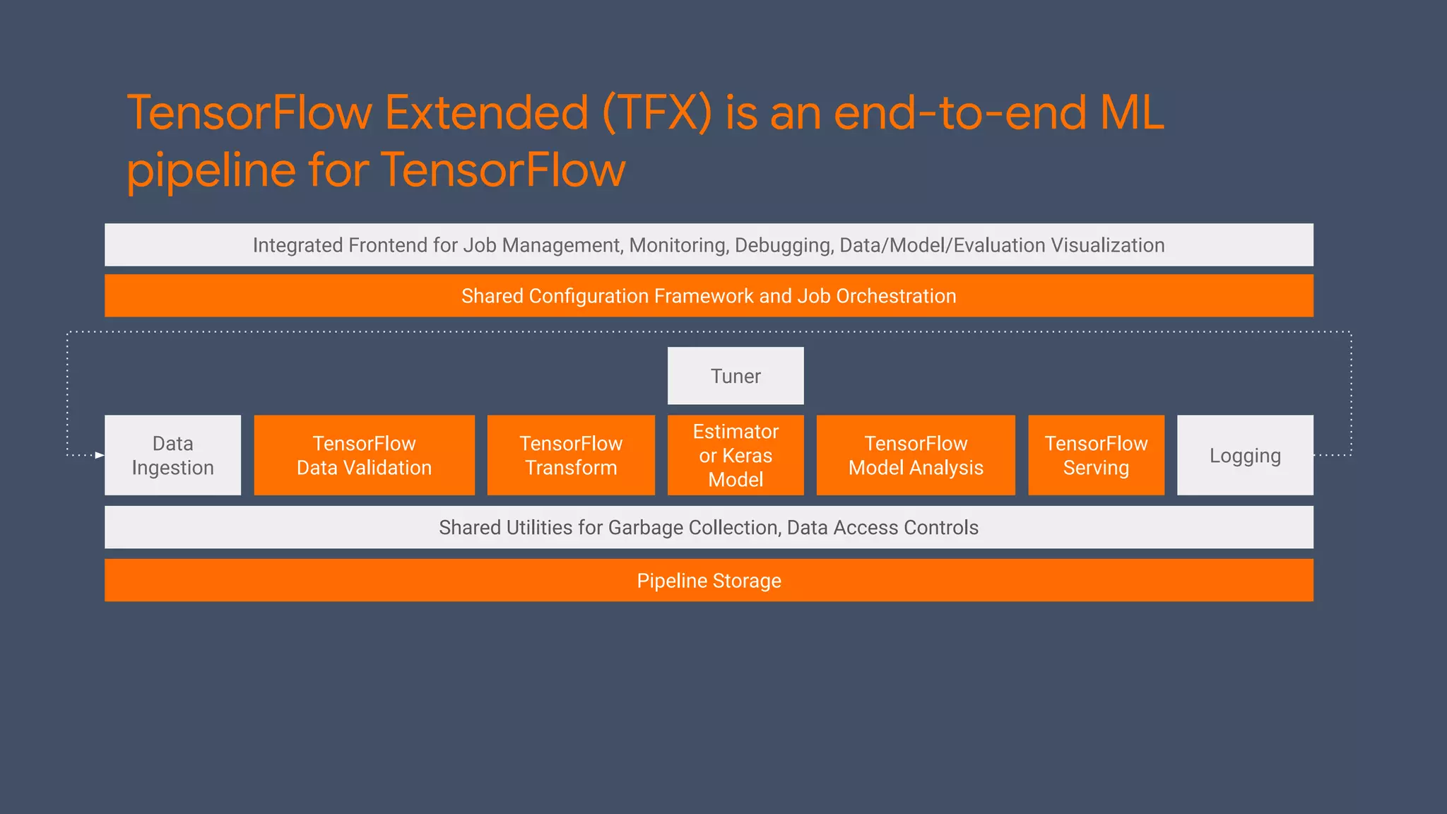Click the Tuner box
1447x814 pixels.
click(736, 376)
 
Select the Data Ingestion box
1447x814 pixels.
click(172, 455)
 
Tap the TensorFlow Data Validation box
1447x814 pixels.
click(364, 455)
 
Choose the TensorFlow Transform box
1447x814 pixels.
click(571, 455)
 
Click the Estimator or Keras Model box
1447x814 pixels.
click(736, 455)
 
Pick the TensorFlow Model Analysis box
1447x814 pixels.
click(916, 455)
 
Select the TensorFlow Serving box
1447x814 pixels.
click(1096, 455)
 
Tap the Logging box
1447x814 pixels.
click(1245, 455)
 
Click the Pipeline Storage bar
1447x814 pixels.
click(709, 580)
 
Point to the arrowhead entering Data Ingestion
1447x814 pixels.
click(100, 455)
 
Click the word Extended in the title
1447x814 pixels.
click(486, 113)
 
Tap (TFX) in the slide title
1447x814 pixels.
click(656, 113)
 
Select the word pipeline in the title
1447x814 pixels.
click(211, 171)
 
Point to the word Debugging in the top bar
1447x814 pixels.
click(784, 245)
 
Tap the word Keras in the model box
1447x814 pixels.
click(747, 456)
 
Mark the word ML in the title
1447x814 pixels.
click(1132, 113)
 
